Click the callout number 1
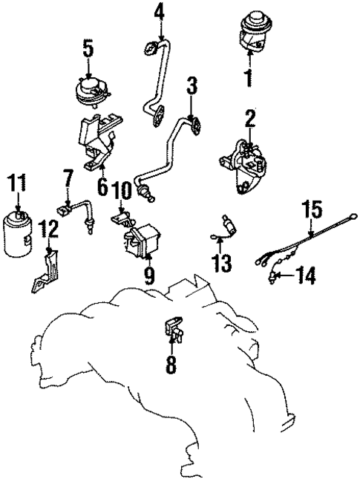[250, 77]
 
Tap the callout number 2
[250, 117]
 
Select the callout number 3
[192, 88]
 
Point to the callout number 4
[160, 13]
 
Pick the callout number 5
[88, 50]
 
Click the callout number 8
[172, 365]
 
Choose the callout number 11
[17, 182]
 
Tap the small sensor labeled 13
[225, 225]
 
